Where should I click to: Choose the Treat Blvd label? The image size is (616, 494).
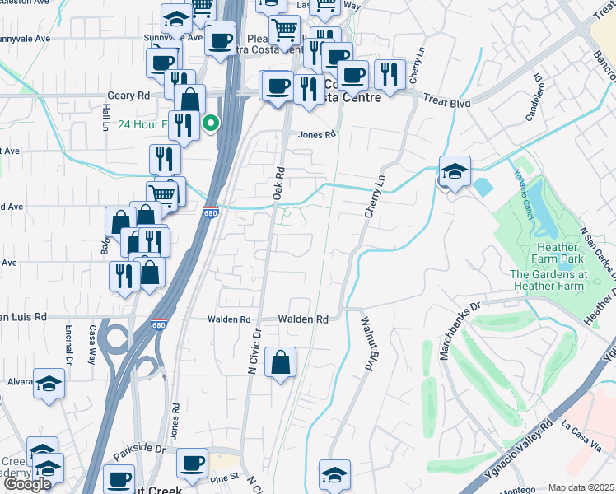[446, 98]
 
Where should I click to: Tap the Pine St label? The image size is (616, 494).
[224, 477]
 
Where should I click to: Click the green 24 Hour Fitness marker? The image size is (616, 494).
[211, 124]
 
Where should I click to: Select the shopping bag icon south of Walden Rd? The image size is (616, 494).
[281, 362]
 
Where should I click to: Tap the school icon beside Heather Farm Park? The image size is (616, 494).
[455, 171]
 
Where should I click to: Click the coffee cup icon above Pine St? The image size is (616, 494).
[193, 464]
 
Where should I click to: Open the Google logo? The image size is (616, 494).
[27, 484]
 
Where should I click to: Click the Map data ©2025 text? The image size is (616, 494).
[581, 487]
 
